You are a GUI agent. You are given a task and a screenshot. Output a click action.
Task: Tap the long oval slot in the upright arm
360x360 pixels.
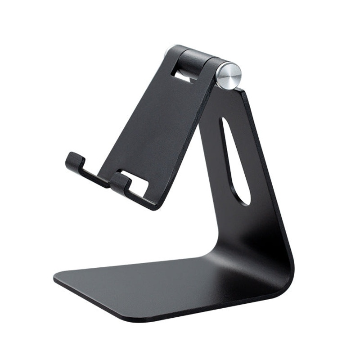coord(234,162)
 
